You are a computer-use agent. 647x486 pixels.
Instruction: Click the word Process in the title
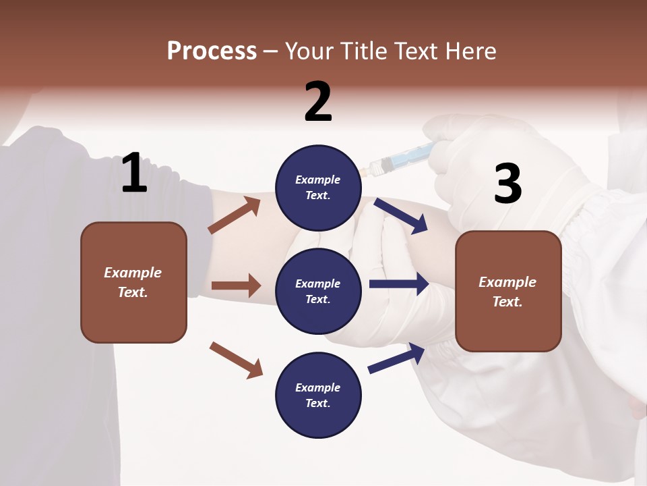point(212,51)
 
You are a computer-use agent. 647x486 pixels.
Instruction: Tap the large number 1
point(134,173)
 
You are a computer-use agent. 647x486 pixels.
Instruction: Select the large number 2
point(318,102)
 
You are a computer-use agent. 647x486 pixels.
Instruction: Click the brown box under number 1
point(133,282)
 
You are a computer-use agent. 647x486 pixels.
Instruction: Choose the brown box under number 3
point(508,291)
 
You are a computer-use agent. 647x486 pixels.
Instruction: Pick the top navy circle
point(318,188)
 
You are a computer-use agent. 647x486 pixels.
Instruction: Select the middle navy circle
point(318,291)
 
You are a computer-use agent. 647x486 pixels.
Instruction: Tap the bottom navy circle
point(318,395)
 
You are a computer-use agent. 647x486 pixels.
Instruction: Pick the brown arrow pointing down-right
point(236,359)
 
